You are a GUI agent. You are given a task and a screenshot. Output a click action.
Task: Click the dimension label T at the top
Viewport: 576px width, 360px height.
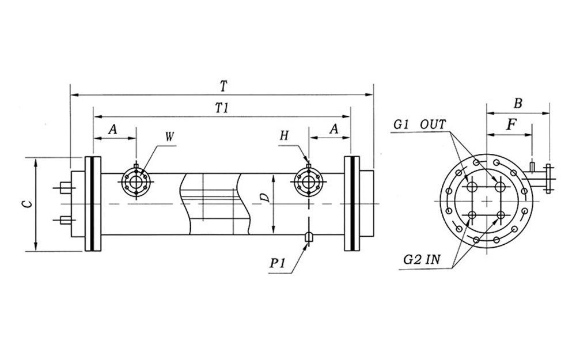tap(223, 86)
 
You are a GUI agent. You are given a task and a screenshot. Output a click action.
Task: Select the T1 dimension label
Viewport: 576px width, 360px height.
tap(222, 108)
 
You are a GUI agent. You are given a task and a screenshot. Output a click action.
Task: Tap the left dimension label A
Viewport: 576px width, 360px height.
tap(113, 131)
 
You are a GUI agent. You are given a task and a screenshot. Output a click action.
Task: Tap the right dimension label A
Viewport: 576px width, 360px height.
tap(334, 131)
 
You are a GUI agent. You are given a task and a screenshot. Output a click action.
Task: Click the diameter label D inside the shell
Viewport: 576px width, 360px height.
tap(264, 198)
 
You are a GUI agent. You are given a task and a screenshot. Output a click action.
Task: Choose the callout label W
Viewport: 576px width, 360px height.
tap(169, 137)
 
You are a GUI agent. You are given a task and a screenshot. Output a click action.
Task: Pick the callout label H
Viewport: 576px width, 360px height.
tap(284, 136)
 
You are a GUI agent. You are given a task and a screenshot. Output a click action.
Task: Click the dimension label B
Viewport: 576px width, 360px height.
tap(518, 104)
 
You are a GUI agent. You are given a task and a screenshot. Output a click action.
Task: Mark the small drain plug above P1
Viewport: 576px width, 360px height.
tap(309, 237)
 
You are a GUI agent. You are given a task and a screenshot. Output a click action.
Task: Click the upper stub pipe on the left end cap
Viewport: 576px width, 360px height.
tap(66, 188)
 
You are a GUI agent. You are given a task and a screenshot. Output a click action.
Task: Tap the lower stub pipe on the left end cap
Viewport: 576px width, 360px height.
tap(66, 219)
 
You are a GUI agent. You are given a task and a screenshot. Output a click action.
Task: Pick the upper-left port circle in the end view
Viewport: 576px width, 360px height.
tap(472, 187)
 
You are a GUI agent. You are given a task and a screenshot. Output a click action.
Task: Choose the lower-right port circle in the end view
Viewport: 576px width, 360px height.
tap(501, 215)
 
